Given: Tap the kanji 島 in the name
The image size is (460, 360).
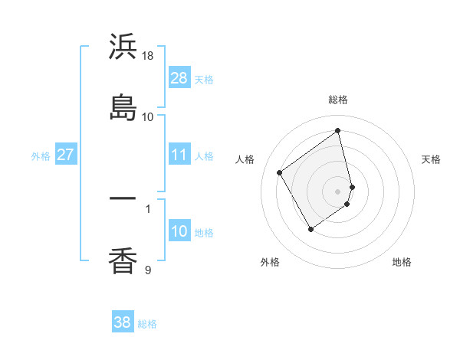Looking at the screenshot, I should (x=123, y=107).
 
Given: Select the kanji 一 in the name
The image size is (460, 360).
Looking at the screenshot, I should (x=123, y=198).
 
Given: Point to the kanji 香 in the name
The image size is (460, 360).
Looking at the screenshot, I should (x=123, y=260).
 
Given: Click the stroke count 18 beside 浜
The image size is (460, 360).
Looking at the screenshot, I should (x=149, y=56).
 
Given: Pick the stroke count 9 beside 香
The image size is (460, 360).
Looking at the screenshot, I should (x=148, y=270).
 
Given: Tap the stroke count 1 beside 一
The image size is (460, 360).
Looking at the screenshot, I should (x=148, y=208).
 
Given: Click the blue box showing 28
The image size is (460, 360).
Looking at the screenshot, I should (x=179, y=78).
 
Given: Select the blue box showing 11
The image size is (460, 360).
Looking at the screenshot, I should (x=179, y=155).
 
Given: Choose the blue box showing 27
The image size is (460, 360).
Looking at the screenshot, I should (x=65, y=155).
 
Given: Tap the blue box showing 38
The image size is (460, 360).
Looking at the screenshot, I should (x=122, y=322).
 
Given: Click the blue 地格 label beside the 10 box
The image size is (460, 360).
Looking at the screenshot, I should (x=204, y=233).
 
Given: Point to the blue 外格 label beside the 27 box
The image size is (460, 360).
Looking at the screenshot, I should (x=41, y=156).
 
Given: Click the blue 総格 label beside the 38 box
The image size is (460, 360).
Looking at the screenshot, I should (x=147, y=324).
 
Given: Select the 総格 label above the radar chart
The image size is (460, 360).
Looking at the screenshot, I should (x=338, y=100).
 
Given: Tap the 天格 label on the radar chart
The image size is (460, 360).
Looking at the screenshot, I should (x=432, y=159).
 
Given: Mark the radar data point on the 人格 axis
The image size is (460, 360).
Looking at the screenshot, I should (x=280, y=172).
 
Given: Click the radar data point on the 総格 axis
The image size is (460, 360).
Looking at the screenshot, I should (x=338, y=130).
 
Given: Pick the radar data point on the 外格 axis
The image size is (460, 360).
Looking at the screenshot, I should (x=310, y=229).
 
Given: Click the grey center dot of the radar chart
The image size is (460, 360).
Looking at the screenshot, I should (x=338, y=191).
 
